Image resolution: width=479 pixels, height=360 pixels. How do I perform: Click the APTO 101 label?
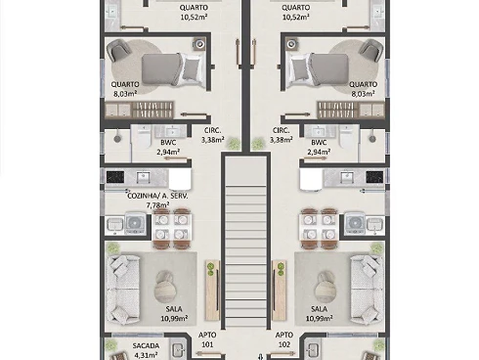(x=207, y=339)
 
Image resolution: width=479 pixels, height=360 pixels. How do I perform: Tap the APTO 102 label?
(x=284, y=339)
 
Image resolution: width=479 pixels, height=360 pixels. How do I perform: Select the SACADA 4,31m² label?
(x=146, y=350)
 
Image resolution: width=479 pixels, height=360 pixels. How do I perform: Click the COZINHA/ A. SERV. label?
(x=157, y=196)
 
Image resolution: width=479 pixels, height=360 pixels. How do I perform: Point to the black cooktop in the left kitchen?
(x=115, y=177)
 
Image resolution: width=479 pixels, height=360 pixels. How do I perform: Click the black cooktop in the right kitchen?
(x=374, y=177)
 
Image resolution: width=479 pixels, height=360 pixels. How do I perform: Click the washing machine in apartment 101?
(x=133, y=223)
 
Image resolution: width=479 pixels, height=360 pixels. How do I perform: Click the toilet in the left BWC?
(x=144, y=137)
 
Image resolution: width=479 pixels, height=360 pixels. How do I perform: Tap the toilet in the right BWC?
(x=346, y=137)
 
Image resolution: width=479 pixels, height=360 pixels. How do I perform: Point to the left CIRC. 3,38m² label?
(x=212, y=135)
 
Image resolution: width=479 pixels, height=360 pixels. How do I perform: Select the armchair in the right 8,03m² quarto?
(x=370, y=49)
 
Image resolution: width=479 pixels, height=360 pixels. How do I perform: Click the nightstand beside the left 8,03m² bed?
(x=199, y=44)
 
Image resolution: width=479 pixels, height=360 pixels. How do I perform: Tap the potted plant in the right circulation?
(x=258, y=143)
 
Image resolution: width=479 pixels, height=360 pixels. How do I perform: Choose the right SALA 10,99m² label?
(x=319, y=313)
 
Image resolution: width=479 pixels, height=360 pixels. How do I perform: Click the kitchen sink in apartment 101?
(x=143, y=177)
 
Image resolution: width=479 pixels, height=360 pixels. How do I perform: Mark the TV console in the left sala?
(x=213, y=291)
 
